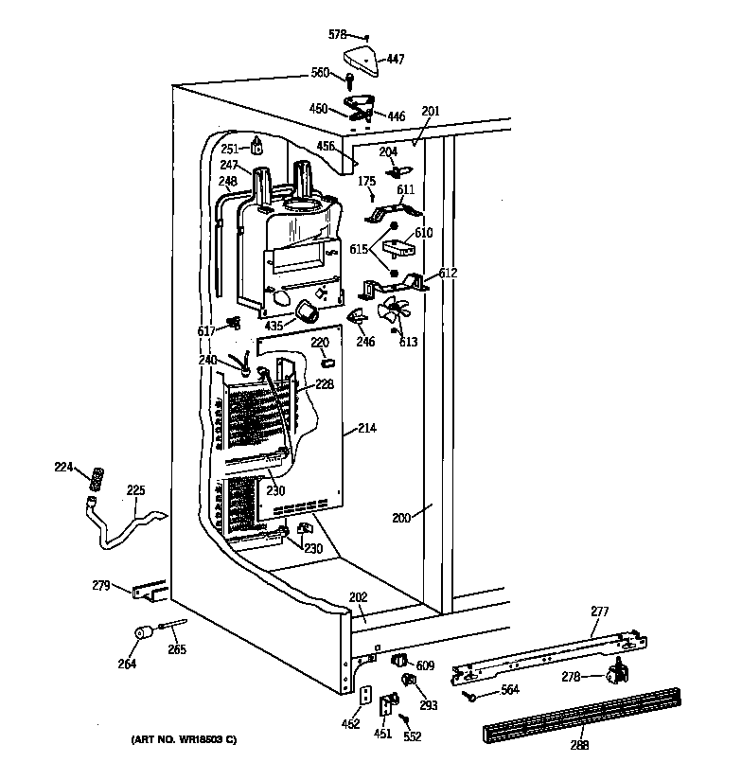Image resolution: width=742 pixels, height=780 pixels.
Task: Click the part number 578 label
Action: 337,34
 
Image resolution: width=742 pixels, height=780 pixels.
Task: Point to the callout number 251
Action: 229,149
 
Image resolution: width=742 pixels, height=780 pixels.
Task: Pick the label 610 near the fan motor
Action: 424,232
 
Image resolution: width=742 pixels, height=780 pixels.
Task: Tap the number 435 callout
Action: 274,326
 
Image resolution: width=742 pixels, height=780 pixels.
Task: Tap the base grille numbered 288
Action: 582,716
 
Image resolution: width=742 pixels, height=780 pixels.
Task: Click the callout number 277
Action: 600,611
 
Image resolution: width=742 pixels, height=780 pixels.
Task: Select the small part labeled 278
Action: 617,671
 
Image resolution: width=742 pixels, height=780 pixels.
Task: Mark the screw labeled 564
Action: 469,697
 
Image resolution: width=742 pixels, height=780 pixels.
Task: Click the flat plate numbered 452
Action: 365,695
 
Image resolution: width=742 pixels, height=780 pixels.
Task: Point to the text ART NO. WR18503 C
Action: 184,739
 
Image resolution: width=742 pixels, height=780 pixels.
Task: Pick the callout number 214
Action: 367,428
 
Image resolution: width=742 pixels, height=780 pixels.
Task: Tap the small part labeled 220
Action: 328,363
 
